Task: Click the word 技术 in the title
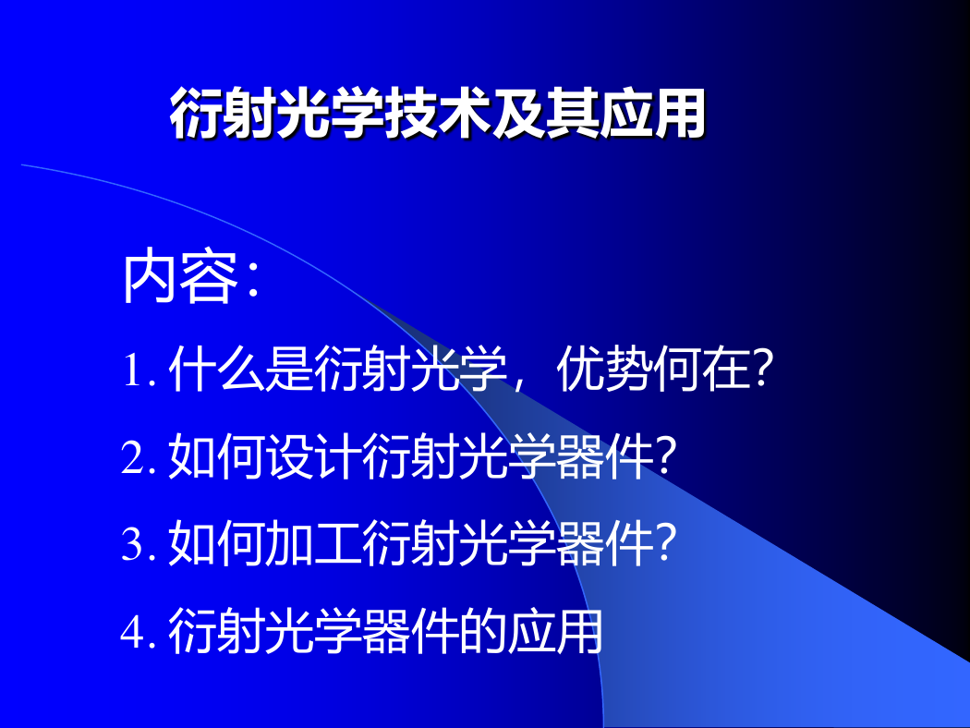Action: [437, 114]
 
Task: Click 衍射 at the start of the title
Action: [224, 114]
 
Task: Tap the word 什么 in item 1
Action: [216, 370]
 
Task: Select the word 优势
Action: [604, 370]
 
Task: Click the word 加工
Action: [314, 543]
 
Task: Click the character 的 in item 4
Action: [482, 631]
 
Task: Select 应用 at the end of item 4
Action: [555, 631]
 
